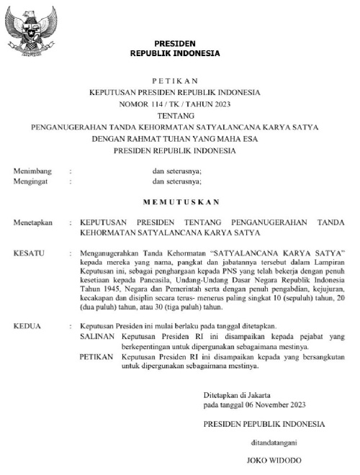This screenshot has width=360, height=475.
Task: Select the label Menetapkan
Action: (33, 224)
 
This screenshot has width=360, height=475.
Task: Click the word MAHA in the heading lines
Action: (232, 139)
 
